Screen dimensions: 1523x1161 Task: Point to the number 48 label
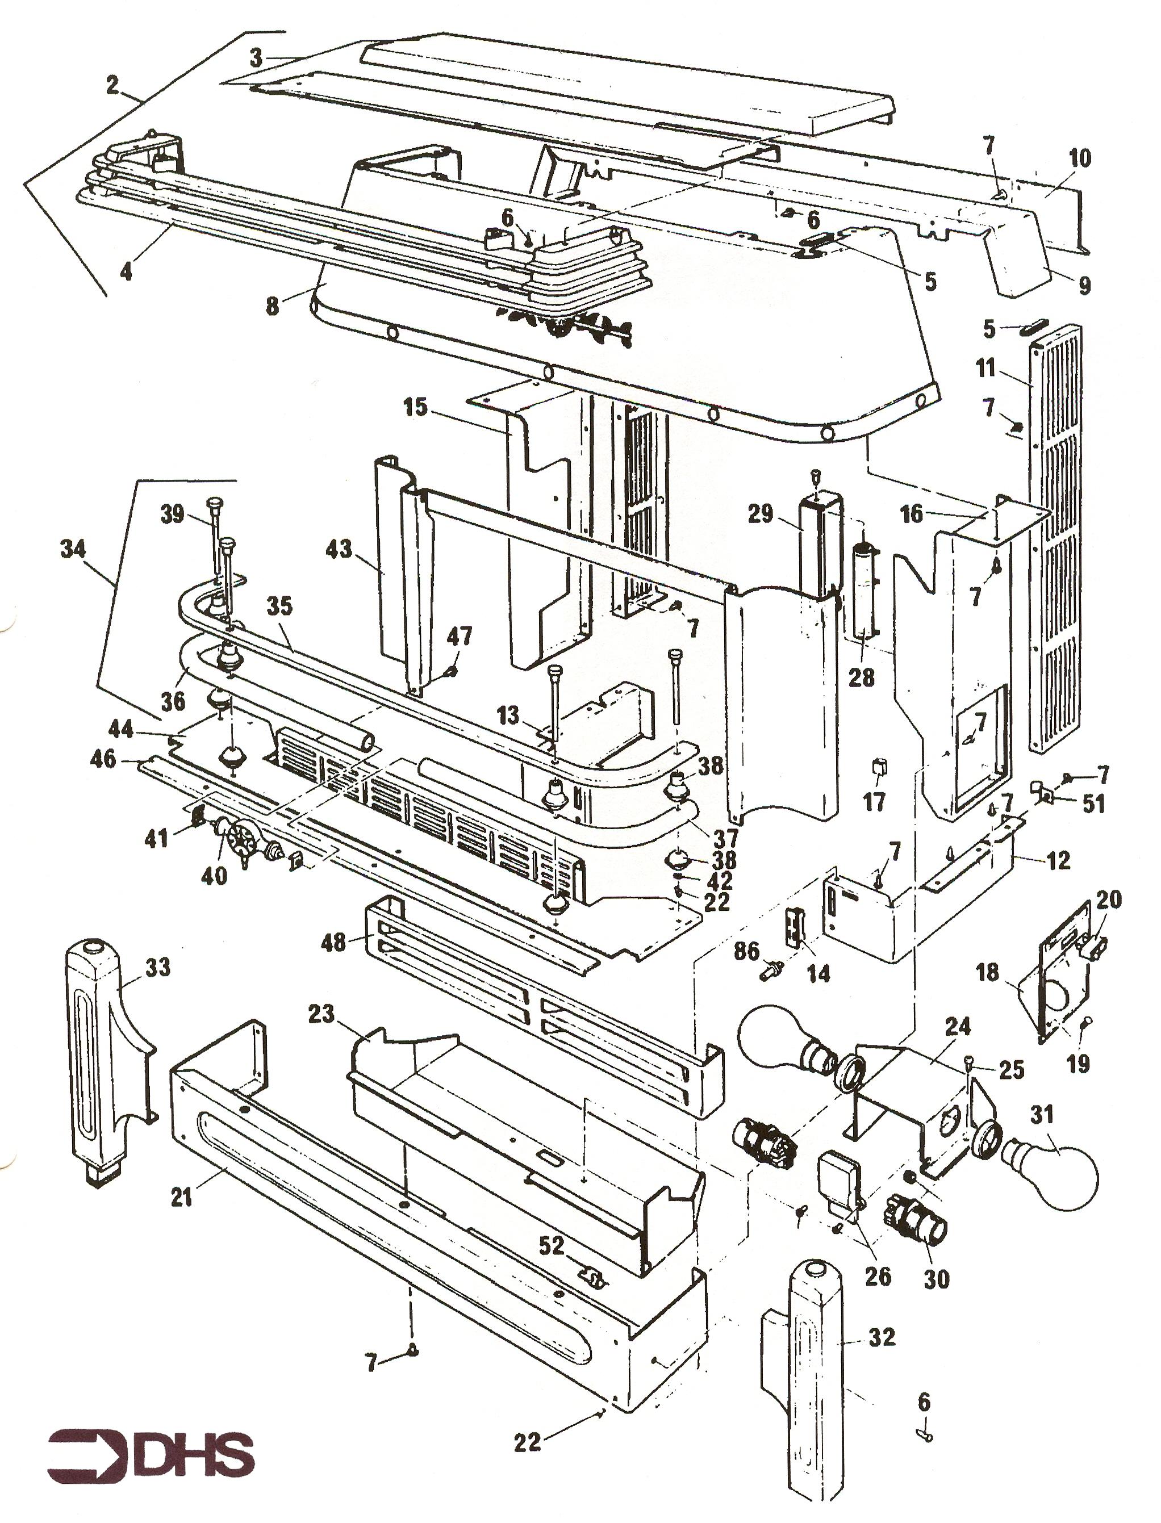[x=334, y=942]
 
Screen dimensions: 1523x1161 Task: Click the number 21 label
[x=182, y=1197]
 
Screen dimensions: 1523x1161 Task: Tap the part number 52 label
[x=551, y=1245]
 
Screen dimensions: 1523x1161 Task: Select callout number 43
[x=339, y=550]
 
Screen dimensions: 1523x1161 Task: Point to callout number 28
[x=861, y=677]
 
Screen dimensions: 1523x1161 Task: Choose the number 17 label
[x=874, y=802]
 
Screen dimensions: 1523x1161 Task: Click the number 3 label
[x=256, y=58]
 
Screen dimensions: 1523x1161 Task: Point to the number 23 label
[x=321, y=1014]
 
